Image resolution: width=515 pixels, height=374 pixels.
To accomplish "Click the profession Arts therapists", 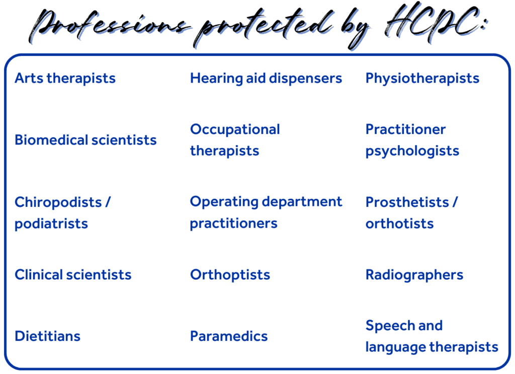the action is pos(65,79).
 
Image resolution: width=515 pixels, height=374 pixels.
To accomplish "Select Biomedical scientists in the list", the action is pos(85,140).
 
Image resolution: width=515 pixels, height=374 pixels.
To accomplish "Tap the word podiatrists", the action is pos(51,224).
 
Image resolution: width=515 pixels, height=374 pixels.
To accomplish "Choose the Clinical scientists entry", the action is pos(73,275).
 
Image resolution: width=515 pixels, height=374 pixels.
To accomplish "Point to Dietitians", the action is pos(48,336).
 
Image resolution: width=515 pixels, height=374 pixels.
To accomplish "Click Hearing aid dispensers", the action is pos(266,79).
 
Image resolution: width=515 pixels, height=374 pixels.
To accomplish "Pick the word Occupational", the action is pos(235,130).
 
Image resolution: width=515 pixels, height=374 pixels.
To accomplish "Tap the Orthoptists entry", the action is pos(230,275).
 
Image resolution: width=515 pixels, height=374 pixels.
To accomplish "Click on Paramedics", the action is pos(229,336).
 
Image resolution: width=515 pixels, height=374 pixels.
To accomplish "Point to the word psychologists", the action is pos(412,152).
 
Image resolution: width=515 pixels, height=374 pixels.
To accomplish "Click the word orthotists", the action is pos(399,224).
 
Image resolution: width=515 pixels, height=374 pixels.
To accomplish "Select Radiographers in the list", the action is pos(414,275).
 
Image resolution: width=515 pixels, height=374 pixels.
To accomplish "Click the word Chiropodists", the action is pos(58,202).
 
